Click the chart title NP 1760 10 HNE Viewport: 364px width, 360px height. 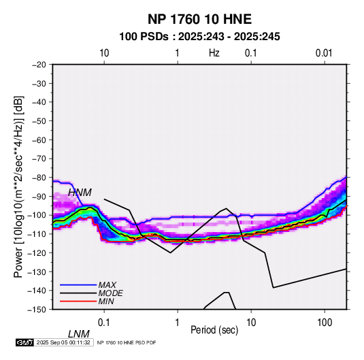tap(199, 19)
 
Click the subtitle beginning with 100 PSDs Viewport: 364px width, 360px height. tap(199, 37)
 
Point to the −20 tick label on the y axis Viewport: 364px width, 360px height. tap(39, 65)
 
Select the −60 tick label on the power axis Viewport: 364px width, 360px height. tap(39, 140)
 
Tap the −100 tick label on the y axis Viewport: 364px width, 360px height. tap(37, 215)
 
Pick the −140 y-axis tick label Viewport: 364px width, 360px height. tap(37, 291)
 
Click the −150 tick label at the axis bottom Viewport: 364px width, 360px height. tap(37, 310)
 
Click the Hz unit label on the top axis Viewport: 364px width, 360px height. tap(214, 53)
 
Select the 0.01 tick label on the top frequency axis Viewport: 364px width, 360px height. tap(324, 53)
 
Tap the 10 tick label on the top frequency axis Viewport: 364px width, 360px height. tap(104, 53)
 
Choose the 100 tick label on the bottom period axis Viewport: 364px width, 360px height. tap(325, 323)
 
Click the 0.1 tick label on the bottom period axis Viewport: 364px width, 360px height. tap(104, 323)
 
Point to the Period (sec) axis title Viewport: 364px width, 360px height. tap(214, 330)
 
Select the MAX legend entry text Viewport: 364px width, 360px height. tap(107, 284)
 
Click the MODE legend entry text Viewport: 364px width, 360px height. tap(110, 293)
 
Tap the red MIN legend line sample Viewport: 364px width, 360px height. tap(78, 301)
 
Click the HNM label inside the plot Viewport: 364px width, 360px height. tap(80, 193)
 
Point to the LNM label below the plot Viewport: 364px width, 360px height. tap(79, 334)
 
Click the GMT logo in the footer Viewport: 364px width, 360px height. tap(24, 342)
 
